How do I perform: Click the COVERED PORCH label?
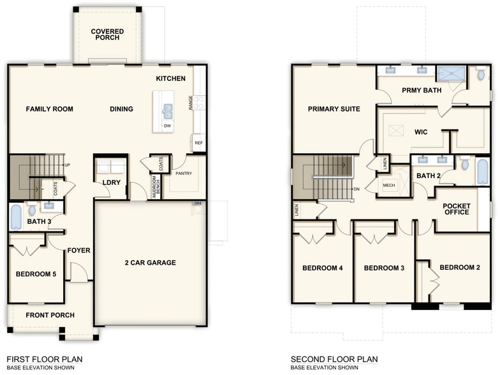point(107,34)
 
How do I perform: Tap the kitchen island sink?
point(167,111)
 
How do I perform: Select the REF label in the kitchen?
point(198,143)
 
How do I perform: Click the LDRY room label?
point(111,183)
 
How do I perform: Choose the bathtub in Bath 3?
point(16,216)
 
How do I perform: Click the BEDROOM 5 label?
point(36,274)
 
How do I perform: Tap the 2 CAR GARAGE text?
point(150,263)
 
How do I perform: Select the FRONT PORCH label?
point(50,315)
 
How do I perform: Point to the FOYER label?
point(79,251)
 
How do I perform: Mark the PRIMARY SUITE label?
point(334,109)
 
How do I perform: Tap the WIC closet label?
point(421,133)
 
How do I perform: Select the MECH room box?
point(388,185)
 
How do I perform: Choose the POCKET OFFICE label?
point(457,209)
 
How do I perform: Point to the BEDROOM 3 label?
point(384,268)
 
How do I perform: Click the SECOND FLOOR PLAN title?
point(334,360)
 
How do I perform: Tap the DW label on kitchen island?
point(167,126)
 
